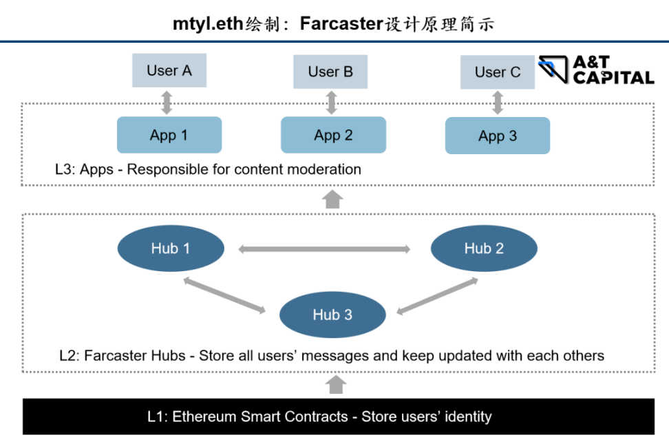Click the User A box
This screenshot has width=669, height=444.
click(x=169, y=71)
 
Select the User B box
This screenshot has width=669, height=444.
click(x=330, y=72)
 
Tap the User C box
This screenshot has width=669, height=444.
click(x=498, y=72)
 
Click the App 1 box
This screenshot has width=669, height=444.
click(x=169, y=135)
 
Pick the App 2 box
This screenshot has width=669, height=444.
click(x=333, y=135)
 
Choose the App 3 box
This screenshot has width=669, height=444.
click(x=498, y=136)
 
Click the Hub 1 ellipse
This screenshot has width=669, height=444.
click(x=171, y=249)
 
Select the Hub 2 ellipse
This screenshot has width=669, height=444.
click(x=484, y=249)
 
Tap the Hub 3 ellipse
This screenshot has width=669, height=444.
click(x=332, y=315)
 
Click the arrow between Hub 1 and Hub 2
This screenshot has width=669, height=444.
click(x=325, y=249)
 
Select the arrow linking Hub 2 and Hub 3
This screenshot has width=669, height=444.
click(x=438, y=296)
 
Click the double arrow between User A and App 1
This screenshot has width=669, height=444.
click(x=167, y=102)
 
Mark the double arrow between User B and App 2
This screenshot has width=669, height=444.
click(x=332, y=102)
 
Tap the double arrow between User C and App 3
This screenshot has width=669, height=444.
click(x=498, y=103)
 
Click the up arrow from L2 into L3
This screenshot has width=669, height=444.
click(x=332, y=199)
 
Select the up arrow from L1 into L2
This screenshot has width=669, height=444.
click(x=335, y=384)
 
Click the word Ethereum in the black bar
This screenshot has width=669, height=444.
click(x=204, y=416)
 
